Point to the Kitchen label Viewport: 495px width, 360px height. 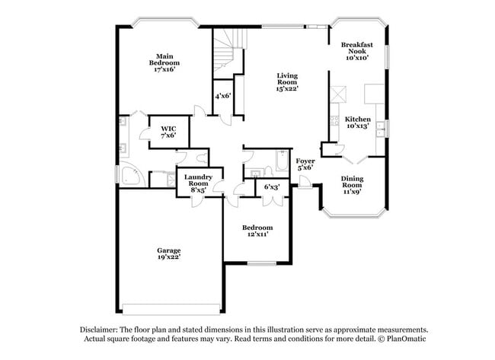(x=357, y=120)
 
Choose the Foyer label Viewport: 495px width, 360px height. (x=305, y=161)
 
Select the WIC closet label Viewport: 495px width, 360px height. (x=168, y=128)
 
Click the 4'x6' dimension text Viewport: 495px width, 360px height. (x=222, y=96)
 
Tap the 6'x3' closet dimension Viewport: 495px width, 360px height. (x=271, y=186)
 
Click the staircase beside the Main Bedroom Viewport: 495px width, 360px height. (x=226, y=53)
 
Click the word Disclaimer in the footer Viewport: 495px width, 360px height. (x=102, y=330)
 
